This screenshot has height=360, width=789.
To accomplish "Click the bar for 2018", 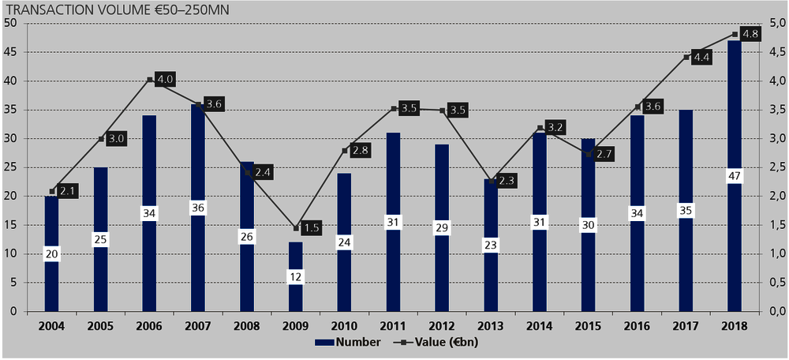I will click(x=734, y=237).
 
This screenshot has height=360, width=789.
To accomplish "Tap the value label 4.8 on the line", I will click(x=750, y=34).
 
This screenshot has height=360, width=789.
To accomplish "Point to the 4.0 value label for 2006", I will click(x=164, y=79).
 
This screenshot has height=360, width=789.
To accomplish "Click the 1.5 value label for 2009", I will click(x=312, y=228).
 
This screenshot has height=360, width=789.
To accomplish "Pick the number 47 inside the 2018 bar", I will click(x=734, y=175).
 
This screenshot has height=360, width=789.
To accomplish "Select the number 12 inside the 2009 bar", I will click(x=295, y=276).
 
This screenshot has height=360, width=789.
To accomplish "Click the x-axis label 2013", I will click(x=491, y=325).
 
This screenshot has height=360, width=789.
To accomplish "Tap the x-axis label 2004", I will click(x=51, y=325).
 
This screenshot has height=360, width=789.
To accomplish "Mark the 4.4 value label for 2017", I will click(x=701, y=57).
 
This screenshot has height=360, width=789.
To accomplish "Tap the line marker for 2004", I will click(x=52, y=191).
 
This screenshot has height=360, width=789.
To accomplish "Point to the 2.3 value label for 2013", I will click(x=507, y=181).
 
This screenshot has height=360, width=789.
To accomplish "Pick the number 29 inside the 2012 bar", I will click(x=442, y=227).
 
